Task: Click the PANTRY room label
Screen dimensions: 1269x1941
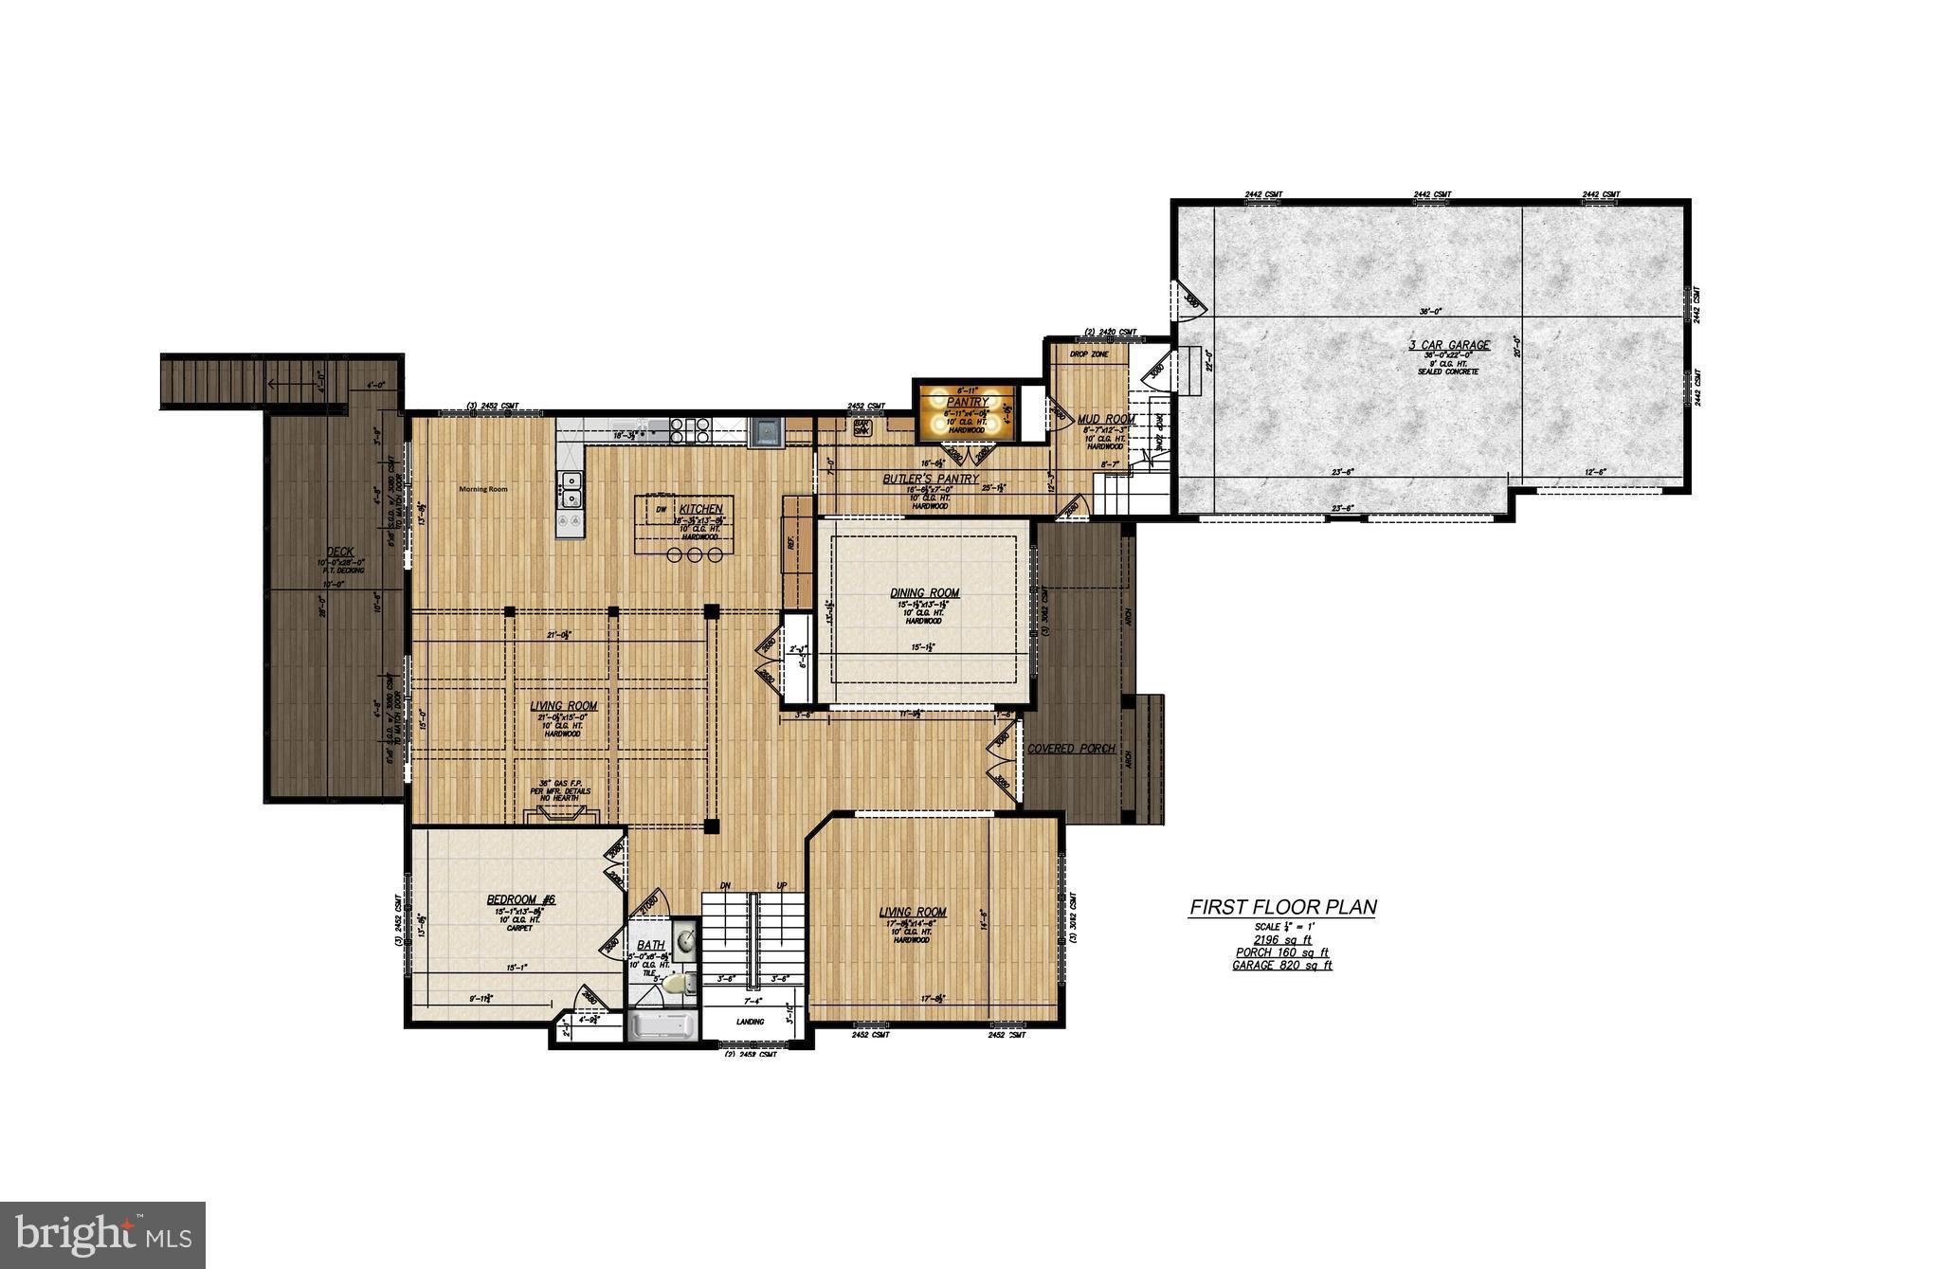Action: tap(966, 402)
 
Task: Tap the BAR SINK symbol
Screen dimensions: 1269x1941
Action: tap(862, 428)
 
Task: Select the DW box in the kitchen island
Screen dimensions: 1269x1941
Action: tap(660, 509)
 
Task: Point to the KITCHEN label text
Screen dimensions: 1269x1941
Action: tap(700, 509)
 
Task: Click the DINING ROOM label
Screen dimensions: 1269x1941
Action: tap(924, 593)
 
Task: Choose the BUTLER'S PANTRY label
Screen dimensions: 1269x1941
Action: tap(930, 480)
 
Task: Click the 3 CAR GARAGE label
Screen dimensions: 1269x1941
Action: tap(1449, 345)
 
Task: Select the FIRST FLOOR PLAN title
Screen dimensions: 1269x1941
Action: tap(1282, 907)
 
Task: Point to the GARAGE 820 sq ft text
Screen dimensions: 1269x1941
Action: tap(1282, 966)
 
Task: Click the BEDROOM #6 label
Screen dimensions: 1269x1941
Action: tap(520, 899)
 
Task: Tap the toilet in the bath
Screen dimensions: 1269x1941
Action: tap(674, 984)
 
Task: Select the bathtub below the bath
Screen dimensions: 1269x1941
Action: tap(662, 1026)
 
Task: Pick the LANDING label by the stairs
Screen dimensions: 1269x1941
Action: tap(751, 1022)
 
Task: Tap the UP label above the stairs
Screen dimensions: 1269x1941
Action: tap(782, 885)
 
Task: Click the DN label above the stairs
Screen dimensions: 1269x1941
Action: tap(725, 885)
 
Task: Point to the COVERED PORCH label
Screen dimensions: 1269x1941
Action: tap(1071, 749)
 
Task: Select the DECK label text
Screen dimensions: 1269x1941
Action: tap(339, 552)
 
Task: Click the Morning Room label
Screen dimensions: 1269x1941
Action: tap(483, 489)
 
